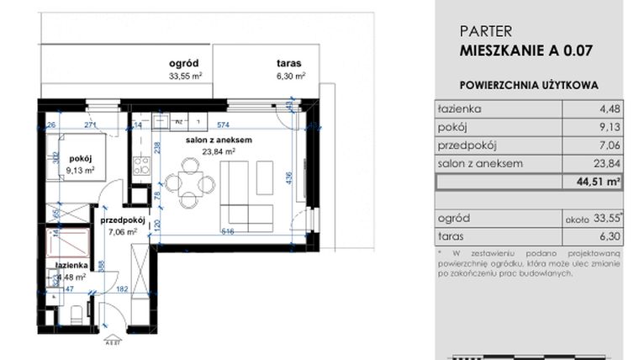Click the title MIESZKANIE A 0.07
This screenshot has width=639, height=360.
coord(527,50)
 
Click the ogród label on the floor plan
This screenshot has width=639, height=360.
coord(182,63)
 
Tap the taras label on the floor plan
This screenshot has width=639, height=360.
coord(288,63)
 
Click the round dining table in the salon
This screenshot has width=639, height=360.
coord(185,183)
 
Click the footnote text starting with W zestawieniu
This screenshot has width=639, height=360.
coord(528,262)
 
